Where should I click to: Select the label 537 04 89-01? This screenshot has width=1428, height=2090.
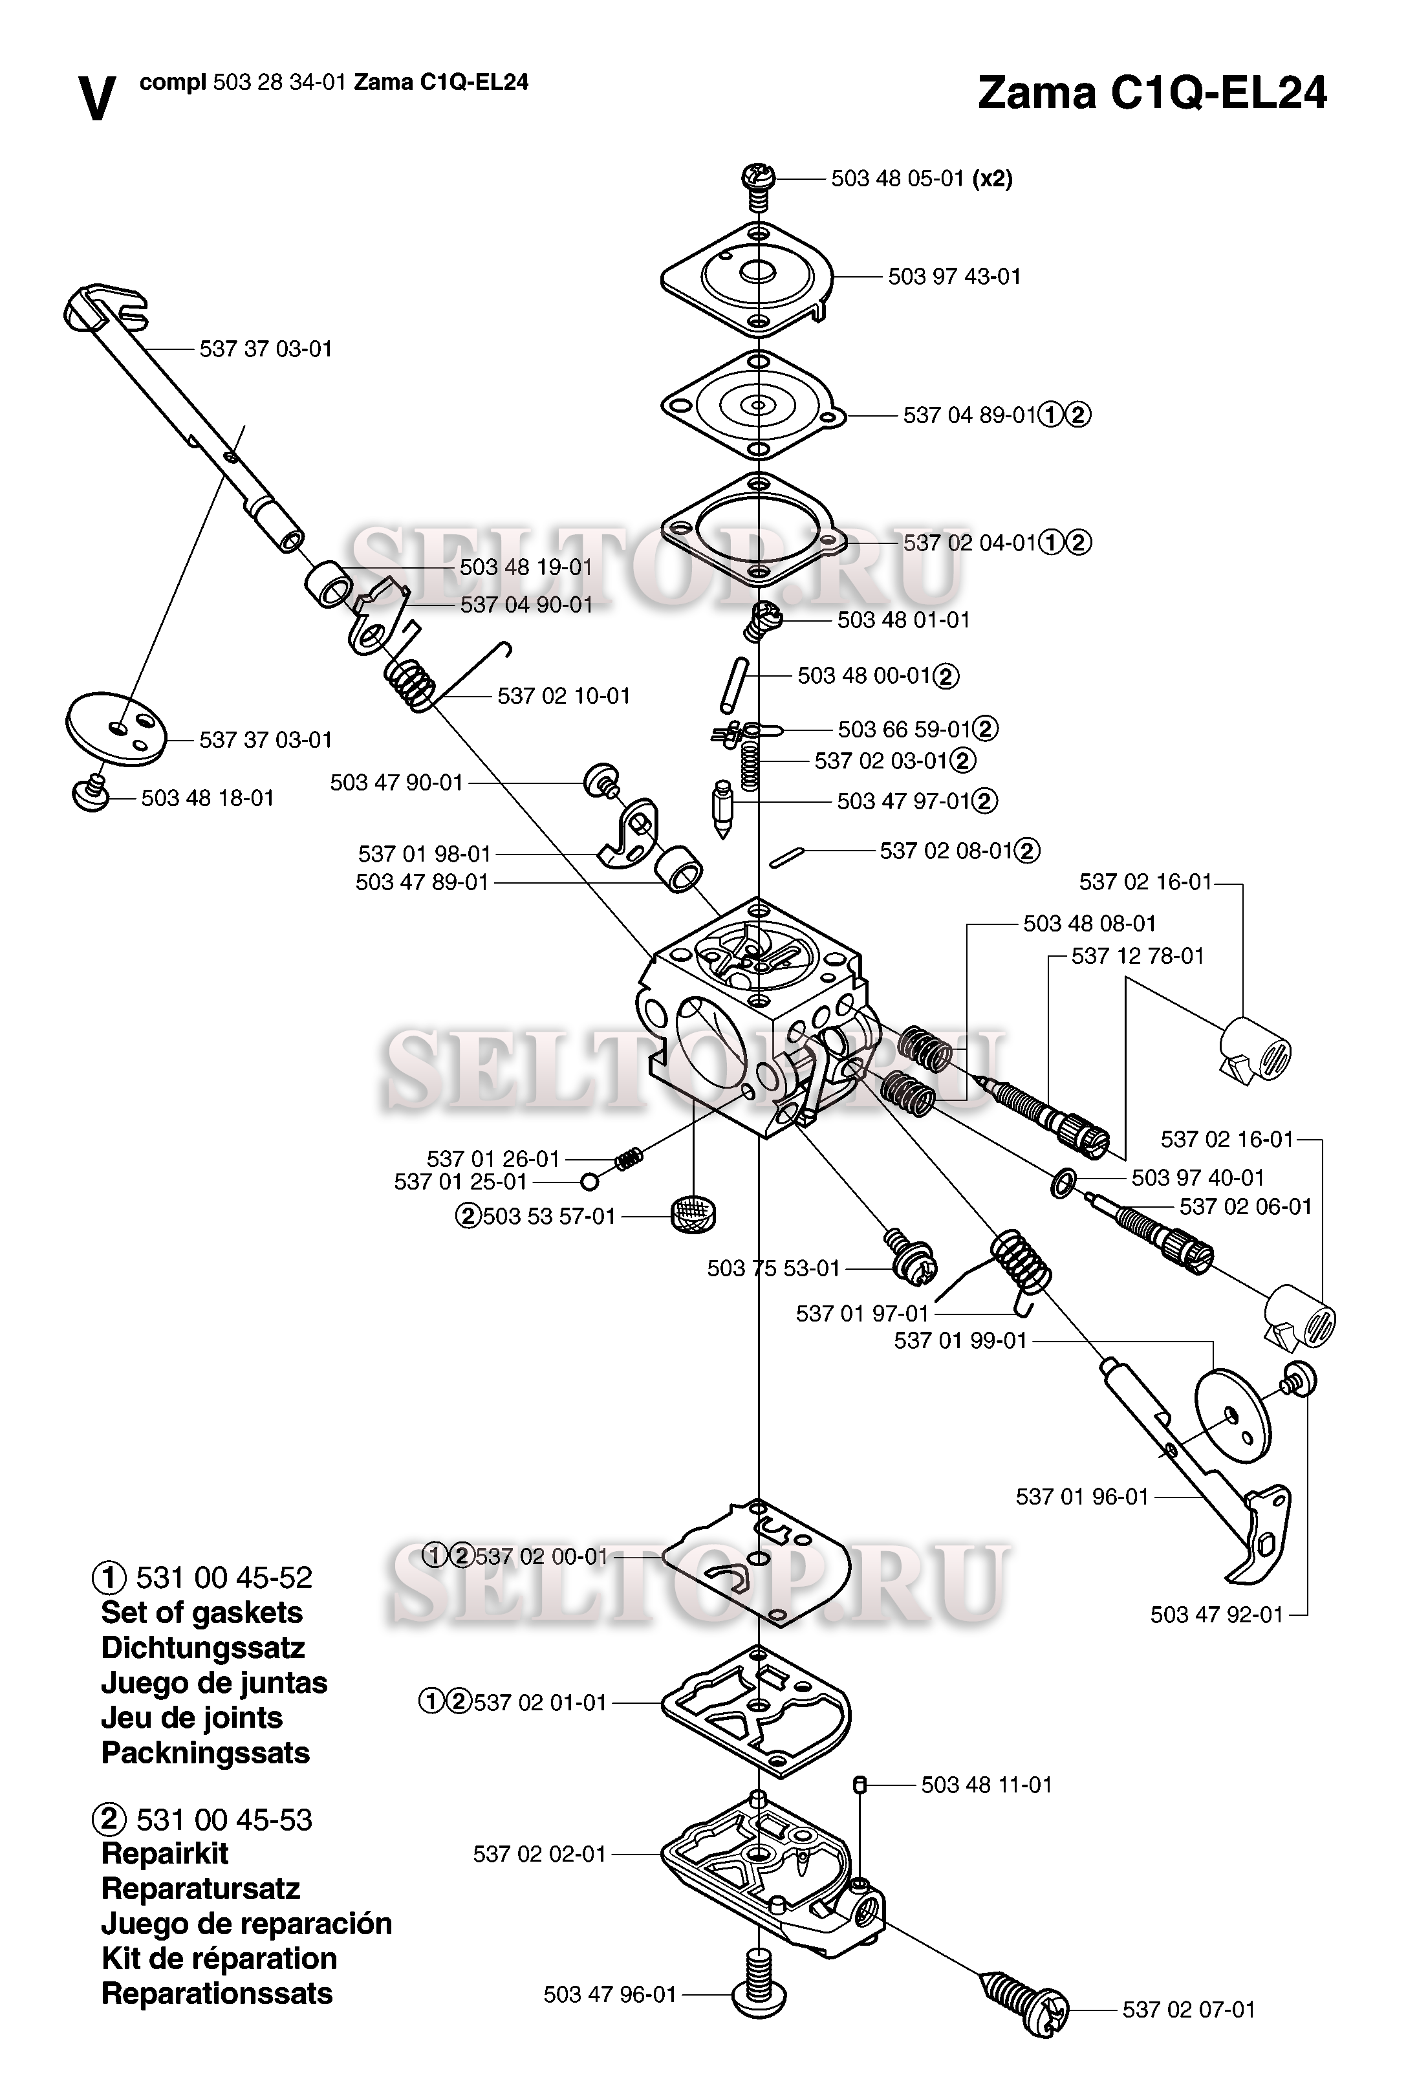click(x=969, y=415)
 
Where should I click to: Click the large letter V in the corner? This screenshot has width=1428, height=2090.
click(x=97, y=98)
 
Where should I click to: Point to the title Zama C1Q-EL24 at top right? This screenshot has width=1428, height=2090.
click(x=1152, y=93)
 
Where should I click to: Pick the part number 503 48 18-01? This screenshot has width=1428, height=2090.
click(x=207, y=799)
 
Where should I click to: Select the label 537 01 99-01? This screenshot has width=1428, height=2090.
click(x=960, y=1341)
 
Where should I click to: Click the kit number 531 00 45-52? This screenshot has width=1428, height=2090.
click(x=224, y=1578)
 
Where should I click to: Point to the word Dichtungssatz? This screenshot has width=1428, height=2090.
click(x=202, y=1648)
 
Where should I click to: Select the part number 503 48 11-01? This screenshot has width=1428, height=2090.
click(x=986, y=1785)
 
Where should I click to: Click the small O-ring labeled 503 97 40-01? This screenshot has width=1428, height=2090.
click(x=1062, y=1184)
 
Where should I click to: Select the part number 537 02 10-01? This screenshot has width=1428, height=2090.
click(x=564, y=696)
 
